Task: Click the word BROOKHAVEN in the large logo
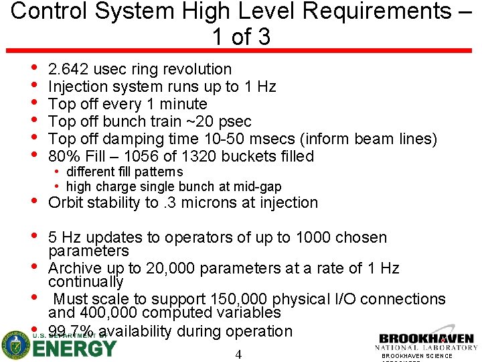pos(426,339)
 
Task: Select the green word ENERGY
pos(74,349)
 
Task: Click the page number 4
pos(238,355)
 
